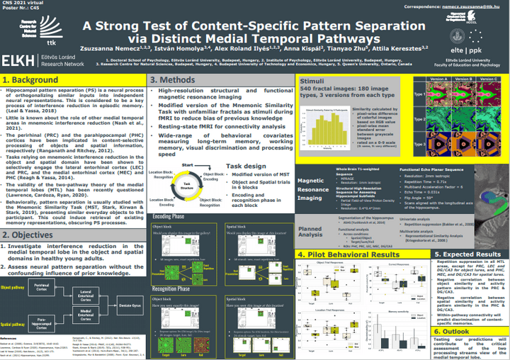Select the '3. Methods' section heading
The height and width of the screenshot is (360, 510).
pyautogui.click(x=174, y=81)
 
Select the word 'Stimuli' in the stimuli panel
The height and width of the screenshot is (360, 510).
pyautogui.click(x=310, y=81)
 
